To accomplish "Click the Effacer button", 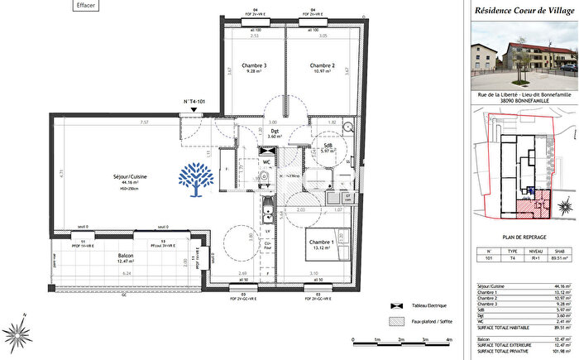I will [x=84, y=5].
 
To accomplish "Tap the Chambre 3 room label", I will [x=253, y=66].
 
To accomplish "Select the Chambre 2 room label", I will [x=322, y=66].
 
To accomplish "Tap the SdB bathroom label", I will [x=328, y=146].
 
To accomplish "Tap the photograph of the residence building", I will [x=523, y=55].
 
